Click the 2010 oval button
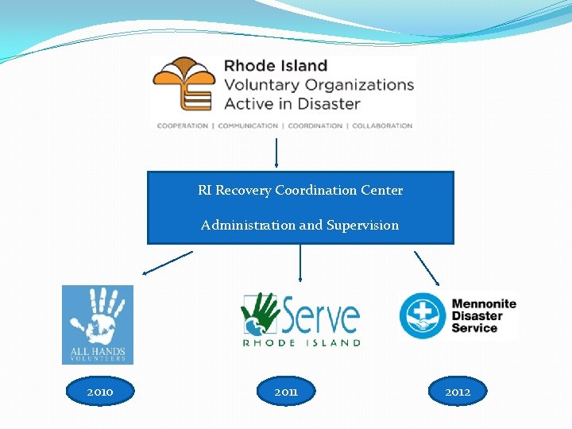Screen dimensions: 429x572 click(100, 392)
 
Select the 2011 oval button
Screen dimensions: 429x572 click(286, 392)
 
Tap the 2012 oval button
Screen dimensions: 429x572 click(458, 392)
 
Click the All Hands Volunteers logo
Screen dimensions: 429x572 click(98, 324)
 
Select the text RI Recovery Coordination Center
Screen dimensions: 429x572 click(300, 191)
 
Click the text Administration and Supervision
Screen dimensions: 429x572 click(300, 226)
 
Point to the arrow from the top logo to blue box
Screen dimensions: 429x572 click(276, 153)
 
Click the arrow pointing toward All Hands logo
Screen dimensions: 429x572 click(168, 263)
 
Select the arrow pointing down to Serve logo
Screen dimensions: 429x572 click(300, 263)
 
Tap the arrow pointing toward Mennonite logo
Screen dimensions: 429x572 click(427, 268)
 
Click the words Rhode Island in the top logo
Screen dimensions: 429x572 click(276, 66)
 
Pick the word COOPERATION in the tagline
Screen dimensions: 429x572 click(183, 126)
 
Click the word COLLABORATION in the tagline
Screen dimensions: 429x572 click(382, 126)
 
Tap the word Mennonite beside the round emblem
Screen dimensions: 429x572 click(483, 303)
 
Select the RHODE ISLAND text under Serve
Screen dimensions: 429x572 click(301, 342)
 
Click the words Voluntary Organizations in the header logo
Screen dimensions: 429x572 click(319, 84)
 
